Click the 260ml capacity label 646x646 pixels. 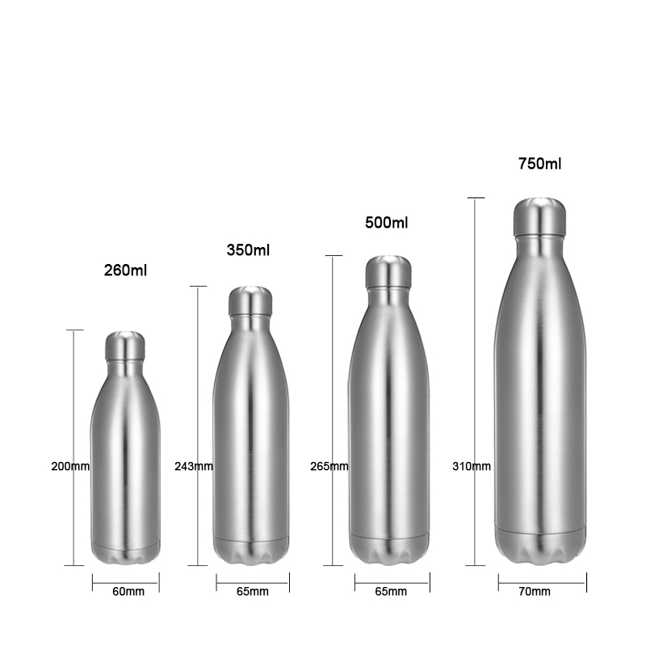127,270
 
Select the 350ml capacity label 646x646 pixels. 248,250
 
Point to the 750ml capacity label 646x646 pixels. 539,164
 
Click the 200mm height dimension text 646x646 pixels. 70,466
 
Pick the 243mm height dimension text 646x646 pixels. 194,466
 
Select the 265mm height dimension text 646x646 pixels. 329,466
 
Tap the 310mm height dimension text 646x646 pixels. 472,466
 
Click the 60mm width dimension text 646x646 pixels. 128,592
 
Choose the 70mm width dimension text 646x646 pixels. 535,592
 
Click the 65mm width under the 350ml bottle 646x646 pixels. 253,592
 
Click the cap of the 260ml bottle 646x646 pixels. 125,346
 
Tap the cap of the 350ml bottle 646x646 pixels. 249,300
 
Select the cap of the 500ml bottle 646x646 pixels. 388,271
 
